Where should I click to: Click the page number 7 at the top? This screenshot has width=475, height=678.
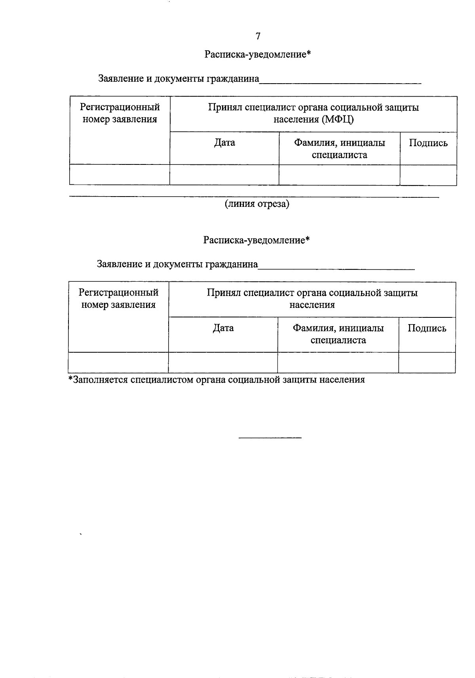(x=258, y=36)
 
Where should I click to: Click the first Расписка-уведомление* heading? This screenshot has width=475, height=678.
(x=258, y=55)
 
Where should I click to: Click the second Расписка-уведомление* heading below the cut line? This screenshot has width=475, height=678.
(x=256, y=240)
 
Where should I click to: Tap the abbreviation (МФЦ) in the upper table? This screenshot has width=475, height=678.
(x=338, y=119)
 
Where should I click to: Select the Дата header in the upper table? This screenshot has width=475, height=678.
(x=224, y=143)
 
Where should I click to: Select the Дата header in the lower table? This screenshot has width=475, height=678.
(x=223, y=328)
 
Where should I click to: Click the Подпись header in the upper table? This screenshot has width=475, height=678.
(x=428, y=143)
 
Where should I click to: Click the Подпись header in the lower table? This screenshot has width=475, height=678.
(x=427, y=328)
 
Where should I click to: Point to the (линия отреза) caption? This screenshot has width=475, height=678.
(x=257, y=204)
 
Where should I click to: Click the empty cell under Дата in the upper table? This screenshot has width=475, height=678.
(x=224, y=175)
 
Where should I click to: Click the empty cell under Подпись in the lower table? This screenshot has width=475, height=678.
(x=427, y=363)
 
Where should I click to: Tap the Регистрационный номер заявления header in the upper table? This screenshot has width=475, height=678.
(x=120, y=113)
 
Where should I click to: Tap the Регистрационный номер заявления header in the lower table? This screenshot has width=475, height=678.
(x=118, y=298)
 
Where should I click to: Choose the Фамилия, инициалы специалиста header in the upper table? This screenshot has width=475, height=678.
(x=339, y=149)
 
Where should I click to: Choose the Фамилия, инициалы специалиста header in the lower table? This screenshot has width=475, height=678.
(x=338, y=334)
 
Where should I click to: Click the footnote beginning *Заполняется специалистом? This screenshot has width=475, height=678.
(x=217, y=380)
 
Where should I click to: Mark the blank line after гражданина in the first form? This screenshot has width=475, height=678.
(x=340, y=82)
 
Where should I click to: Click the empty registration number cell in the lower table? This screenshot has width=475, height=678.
(x=118, y=363)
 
